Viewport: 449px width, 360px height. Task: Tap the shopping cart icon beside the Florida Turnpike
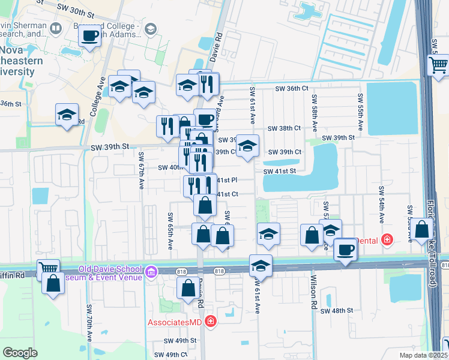point(439,65)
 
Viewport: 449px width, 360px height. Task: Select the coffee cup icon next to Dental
point(345,249)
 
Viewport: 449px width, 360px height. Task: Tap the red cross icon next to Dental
point(387,241)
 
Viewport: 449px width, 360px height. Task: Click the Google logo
point(20,352)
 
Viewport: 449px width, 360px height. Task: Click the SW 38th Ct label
point(284,128)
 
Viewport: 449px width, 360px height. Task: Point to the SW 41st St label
point(280,171)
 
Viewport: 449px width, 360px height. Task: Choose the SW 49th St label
point(180,340)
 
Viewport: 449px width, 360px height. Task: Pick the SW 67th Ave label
point(142,164)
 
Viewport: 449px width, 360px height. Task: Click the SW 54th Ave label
point(381,201)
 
